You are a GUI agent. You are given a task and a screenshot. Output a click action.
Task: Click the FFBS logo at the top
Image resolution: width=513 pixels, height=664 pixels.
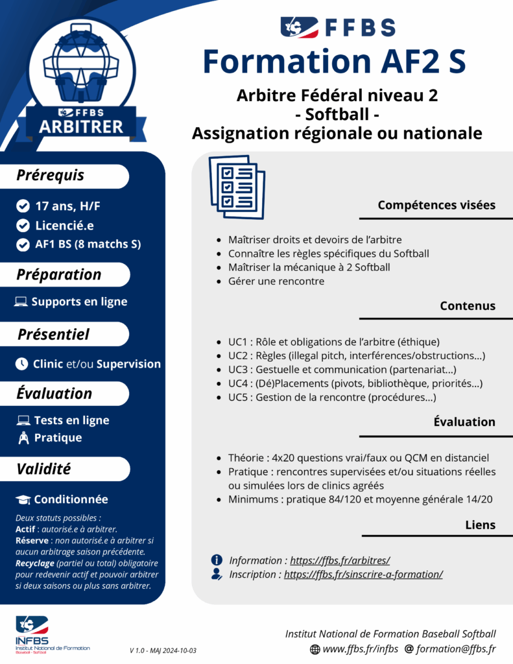(337, 27)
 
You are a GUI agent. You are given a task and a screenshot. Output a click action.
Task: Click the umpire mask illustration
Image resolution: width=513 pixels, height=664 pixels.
(80, 65)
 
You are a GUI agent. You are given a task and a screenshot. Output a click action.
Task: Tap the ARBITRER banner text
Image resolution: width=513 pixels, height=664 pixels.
(81, 126)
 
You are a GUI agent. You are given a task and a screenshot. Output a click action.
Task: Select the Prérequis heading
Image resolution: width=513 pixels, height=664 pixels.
(51, 175)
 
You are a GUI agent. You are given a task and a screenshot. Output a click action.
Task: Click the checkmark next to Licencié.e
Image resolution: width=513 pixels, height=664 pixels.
(23, 226)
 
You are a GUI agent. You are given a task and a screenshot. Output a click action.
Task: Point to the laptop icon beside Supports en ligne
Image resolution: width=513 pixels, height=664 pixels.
(21, 302)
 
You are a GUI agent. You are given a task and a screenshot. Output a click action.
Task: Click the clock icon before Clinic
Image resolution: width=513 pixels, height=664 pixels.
(21, 364)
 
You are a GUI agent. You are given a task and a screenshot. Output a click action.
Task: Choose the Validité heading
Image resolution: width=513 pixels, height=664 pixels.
(43, 468)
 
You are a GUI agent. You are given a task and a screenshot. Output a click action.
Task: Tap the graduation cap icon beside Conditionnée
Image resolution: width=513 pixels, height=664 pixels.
(23, 500)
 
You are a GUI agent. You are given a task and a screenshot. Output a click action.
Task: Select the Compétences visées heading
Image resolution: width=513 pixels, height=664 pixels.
(436, 205)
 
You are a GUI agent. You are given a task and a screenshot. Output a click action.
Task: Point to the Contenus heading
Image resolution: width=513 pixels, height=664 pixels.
(467, 305)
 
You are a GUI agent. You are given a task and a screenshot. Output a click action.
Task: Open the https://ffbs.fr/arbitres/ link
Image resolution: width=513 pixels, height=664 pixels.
(339, 560)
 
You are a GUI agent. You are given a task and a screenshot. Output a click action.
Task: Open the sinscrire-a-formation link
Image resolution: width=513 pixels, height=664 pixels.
(363, 575)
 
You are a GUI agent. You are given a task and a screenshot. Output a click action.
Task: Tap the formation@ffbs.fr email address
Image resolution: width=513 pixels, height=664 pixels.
(456, 648)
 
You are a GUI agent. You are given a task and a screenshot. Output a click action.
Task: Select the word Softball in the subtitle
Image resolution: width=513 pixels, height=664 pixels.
(337, 115)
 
